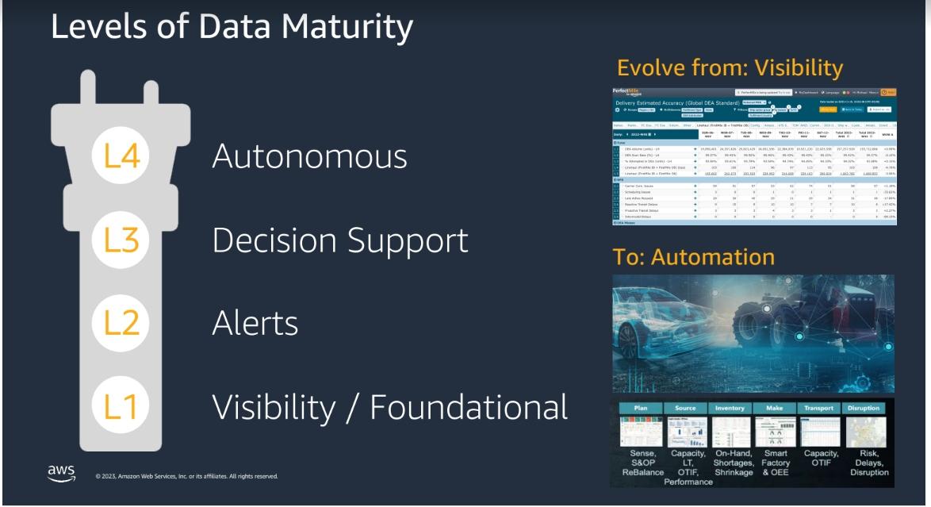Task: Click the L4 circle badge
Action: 121,155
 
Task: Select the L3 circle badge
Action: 121,239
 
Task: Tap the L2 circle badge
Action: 121,322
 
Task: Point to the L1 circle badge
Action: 121,405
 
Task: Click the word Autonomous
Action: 309,156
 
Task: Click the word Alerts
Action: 255,323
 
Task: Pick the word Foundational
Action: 469,406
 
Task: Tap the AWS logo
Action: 61,473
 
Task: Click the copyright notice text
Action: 186,476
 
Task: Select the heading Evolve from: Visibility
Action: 730,67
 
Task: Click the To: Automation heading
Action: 693,257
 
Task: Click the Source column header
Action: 685,409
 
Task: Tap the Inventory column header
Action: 730,409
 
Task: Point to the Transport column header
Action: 818,409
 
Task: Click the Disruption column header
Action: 864,409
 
